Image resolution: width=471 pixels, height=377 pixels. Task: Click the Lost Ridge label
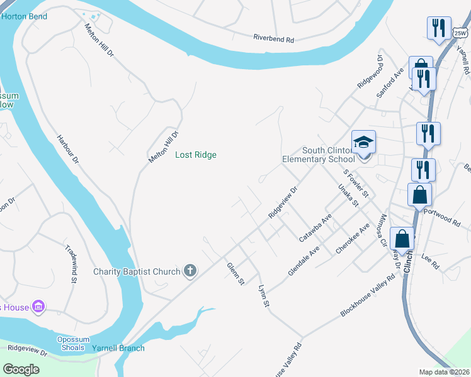coord(195,155)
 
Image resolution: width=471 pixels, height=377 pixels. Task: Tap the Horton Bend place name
coord(24,16)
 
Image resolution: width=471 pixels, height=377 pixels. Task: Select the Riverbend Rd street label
coord(274,39)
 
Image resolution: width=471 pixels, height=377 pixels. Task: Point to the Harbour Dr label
coord(67,150)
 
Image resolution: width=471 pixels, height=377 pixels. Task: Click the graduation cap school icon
coord(363,143)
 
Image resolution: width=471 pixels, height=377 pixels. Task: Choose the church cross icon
coord(190,271)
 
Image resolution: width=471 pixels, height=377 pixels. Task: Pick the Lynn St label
coord(264,295)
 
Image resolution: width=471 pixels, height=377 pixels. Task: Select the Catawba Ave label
coord(315,227)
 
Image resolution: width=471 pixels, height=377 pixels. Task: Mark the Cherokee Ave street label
coord(353,239)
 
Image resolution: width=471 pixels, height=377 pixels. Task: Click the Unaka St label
coord(348,195)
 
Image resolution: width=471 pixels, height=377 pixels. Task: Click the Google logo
coord(21,369)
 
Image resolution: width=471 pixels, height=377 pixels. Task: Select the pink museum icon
coord(38,307)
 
